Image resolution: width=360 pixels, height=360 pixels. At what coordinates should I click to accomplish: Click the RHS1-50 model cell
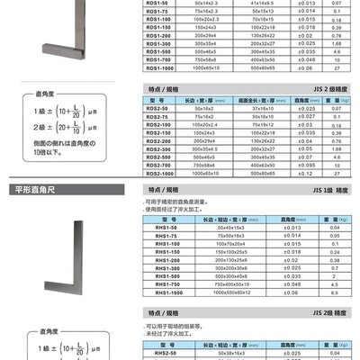164,229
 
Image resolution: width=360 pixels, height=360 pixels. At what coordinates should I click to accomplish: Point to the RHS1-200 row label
165,260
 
